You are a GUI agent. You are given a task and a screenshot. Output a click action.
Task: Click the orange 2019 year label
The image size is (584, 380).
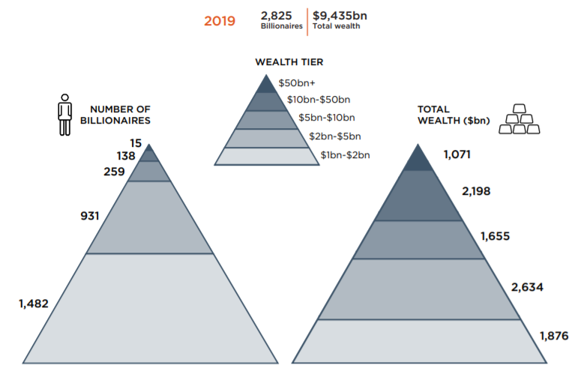220,21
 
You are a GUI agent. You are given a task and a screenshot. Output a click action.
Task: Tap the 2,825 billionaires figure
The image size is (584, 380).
276,16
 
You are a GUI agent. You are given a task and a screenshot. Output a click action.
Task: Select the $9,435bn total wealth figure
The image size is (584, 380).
340,16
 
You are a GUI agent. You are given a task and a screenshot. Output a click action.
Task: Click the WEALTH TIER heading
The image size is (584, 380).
289,62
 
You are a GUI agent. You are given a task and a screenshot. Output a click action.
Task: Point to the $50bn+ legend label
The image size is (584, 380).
297,83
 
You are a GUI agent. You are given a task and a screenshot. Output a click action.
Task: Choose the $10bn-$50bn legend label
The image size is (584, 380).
319,100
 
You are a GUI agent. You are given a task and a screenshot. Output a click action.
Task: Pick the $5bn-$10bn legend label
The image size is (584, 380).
327,118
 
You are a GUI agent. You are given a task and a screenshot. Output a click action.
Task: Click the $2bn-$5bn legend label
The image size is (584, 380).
335,136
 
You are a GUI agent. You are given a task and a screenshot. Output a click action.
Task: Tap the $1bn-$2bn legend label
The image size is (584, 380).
346,155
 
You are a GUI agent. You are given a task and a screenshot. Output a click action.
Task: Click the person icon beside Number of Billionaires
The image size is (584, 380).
64,115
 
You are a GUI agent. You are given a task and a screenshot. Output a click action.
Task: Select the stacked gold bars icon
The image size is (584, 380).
520,119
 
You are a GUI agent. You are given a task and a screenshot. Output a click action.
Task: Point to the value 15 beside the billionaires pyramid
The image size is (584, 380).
136,143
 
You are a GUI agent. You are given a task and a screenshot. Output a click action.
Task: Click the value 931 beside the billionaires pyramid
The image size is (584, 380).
90,216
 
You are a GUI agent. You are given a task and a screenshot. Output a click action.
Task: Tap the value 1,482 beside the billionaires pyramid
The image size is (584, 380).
34,304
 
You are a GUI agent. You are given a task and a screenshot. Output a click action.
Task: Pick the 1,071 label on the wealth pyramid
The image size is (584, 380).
457,154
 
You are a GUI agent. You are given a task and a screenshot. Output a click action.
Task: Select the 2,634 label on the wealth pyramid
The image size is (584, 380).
527,287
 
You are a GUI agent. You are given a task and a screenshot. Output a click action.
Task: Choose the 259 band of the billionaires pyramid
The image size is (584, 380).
149,171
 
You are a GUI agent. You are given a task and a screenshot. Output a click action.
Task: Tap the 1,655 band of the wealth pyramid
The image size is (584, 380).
418,240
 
